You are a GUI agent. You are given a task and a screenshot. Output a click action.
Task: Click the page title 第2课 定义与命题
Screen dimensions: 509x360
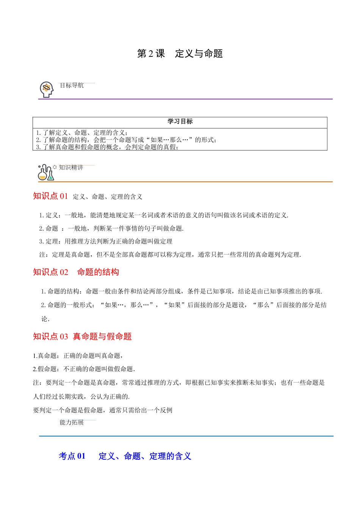(180, 54)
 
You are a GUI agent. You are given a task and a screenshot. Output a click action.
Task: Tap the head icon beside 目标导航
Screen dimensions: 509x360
(47, 89)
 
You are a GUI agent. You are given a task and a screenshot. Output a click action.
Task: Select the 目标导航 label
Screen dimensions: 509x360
(72, 86)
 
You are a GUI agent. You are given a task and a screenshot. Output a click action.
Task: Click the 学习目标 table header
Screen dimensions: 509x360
(180, 122)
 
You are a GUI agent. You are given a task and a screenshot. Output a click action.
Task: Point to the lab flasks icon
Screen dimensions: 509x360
(46, 173)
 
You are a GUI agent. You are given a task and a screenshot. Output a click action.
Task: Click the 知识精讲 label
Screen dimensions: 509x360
(71, 167)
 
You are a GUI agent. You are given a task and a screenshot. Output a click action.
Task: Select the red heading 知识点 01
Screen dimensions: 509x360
(50, 196)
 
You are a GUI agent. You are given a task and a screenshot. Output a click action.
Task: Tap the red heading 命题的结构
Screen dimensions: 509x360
(98, 272)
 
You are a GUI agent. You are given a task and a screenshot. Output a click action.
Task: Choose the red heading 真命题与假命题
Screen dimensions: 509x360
(102, 336)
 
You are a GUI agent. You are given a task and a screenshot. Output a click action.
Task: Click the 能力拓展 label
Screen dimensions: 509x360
(72, 422)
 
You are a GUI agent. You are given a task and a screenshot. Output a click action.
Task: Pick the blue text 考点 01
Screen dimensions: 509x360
(72, 456)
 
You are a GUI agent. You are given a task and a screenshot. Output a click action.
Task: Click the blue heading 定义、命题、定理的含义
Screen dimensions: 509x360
(145, 456)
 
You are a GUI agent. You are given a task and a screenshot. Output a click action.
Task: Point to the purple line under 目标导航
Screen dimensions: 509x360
(185, 99)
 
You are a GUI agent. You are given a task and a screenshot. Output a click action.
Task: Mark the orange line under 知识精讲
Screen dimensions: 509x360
(185, 182)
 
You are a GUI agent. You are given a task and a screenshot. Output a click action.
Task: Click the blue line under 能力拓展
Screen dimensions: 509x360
(186, 436)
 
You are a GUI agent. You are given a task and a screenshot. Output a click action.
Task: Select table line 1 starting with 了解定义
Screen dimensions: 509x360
(82, 133)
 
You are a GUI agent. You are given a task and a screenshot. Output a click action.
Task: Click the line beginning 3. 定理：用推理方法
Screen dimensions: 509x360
(106, 241)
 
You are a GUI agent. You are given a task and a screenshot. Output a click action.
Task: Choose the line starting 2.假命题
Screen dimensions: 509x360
(84, 369)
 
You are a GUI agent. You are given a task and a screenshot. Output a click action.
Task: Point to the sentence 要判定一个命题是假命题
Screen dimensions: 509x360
(103, 410)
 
